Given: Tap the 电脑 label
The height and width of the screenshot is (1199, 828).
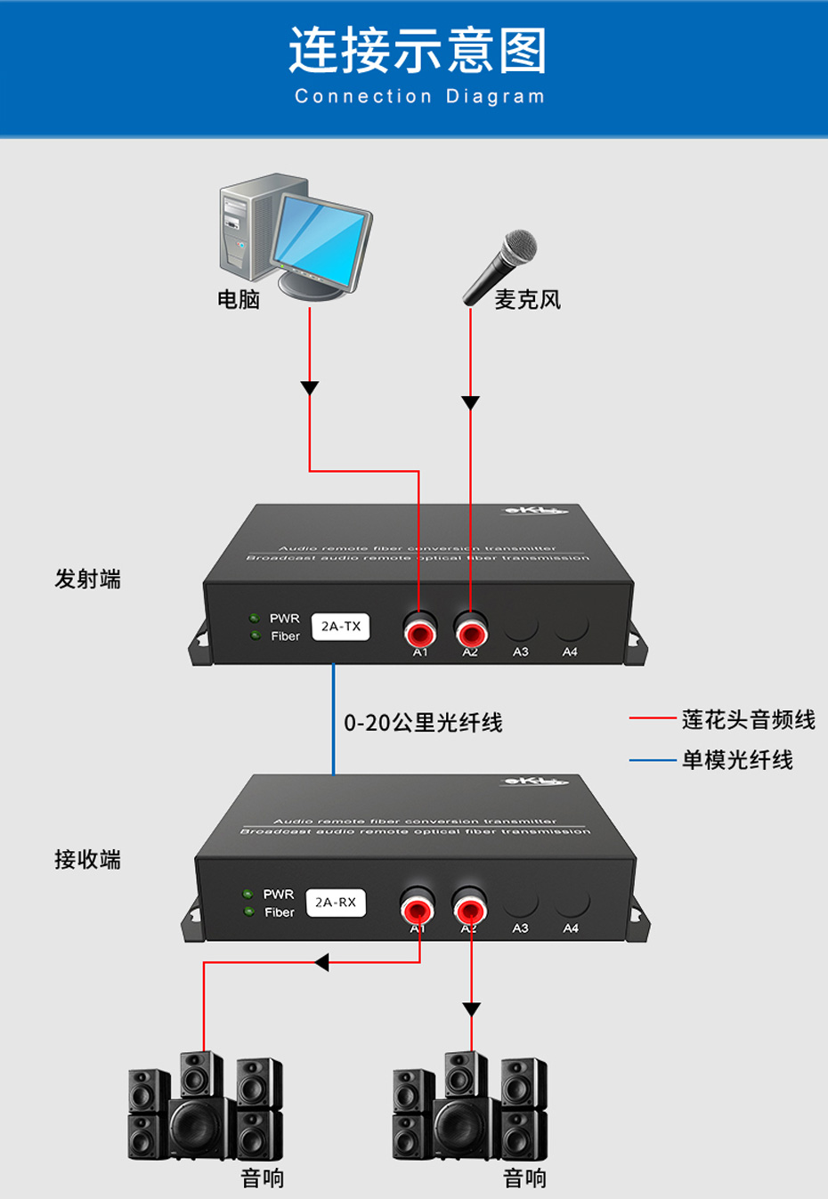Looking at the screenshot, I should coord(239,300).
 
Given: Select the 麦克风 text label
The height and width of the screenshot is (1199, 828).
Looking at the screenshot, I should coord(527,300).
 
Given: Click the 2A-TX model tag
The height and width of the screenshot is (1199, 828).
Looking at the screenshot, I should coord(341,627).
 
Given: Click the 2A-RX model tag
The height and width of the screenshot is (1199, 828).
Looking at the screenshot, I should coord(336,903).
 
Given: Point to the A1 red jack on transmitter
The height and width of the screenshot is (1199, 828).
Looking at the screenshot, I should coord(419,633).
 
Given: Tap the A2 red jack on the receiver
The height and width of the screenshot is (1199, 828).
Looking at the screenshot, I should coord(469,910).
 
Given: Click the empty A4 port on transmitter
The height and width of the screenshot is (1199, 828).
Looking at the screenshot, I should coord(571,628).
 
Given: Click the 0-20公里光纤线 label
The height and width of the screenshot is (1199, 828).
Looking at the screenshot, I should coord(423,723).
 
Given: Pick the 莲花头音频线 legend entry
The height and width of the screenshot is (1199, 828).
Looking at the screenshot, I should coord(748,719).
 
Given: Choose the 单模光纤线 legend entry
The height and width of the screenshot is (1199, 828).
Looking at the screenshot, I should coord(737,760).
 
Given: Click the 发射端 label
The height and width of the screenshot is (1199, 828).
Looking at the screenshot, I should coord(87,579).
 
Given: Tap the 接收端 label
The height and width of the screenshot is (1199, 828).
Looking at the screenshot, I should coord(87,860).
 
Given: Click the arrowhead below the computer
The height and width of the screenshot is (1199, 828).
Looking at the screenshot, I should coord(310,388).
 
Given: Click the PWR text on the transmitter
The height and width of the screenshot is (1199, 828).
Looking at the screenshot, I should coord(285,618).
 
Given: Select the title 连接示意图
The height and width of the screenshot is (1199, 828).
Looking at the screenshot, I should coord(418,50).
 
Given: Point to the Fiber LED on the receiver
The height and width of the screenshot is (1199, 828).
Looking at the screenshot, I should coord(249,911).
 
